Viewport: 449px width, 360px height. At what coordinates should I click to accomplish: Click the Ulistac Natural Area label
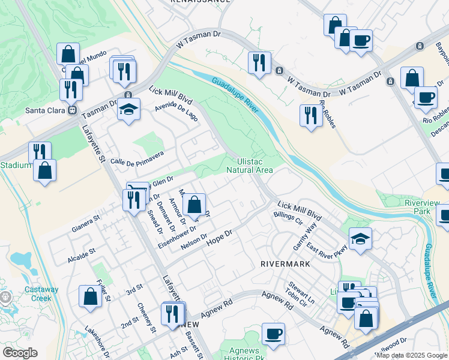[250, 165]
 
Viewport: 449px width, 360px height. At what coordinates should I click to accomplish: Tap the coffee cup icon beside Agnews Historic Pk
[274, 333]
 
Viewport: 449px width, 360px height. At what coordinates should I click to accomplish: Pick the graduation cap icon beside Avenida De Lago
[128, 109]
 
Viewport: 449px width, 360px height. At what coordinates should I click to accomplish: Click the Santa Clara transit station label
[46, 110]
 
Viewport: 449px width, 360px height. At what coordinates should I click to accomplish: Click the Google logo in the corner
[19, 353]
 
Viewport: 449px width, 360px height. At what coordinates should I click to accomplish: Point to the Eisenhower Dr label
[177, 237]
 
